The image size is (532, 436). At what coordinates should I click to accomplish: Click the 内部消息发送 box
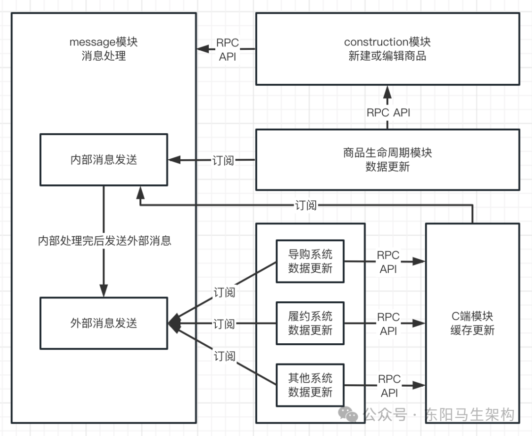(103, 160)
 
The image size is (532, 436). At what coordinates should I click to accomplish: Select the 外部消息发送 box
(103, 323)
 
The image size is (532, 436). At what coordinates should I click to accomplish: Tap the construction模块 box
(387, 48)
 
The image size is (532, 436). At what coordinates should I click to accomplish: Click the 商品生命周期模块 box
(387, 159)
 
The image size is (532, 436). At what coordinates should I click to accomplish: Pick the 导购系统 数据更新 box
(310, 261)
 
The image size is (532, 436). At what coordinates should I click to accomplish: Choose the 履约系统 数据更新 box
(310, 323)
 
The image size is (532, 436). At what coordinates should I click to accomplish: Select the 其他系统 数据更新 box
(310, 385)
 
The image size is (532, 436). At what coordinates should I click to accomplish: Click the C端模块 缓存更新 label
(472, 323)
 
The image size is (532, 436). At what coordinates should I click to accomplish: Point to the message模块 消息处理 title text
(103, 48)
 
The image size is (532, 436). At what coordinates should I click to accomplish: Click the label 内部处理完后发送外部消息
(104, 241)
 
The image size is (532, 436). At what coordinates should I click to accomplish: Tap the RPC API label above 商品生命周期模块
(388, 112)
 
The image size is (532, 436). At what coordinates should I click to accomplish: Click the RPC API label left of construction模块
(227, 49)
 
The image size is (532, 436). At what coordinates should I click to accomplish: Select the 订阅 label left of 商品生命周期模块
(223, 160)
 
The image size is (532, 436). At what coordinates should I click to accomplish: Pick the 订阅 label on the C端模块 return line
(306, 205)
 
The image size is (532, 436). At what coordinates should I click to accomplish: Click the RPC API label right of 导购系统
(389, 262)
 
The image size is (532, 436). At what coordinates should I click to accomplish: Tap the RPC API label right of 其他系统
(389, 386)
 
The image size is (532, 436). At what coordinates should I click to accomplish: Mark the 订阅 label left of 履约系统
(224, 324)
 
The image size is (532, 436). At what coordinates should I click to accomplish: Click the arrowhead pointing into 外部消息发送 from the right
(173, 323)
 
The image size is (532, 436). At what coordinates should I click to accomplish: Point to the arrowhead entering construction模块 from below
(387, 91)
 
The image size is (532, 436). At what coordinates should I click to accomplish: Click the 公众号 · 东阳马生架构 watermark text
(438, 414)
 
